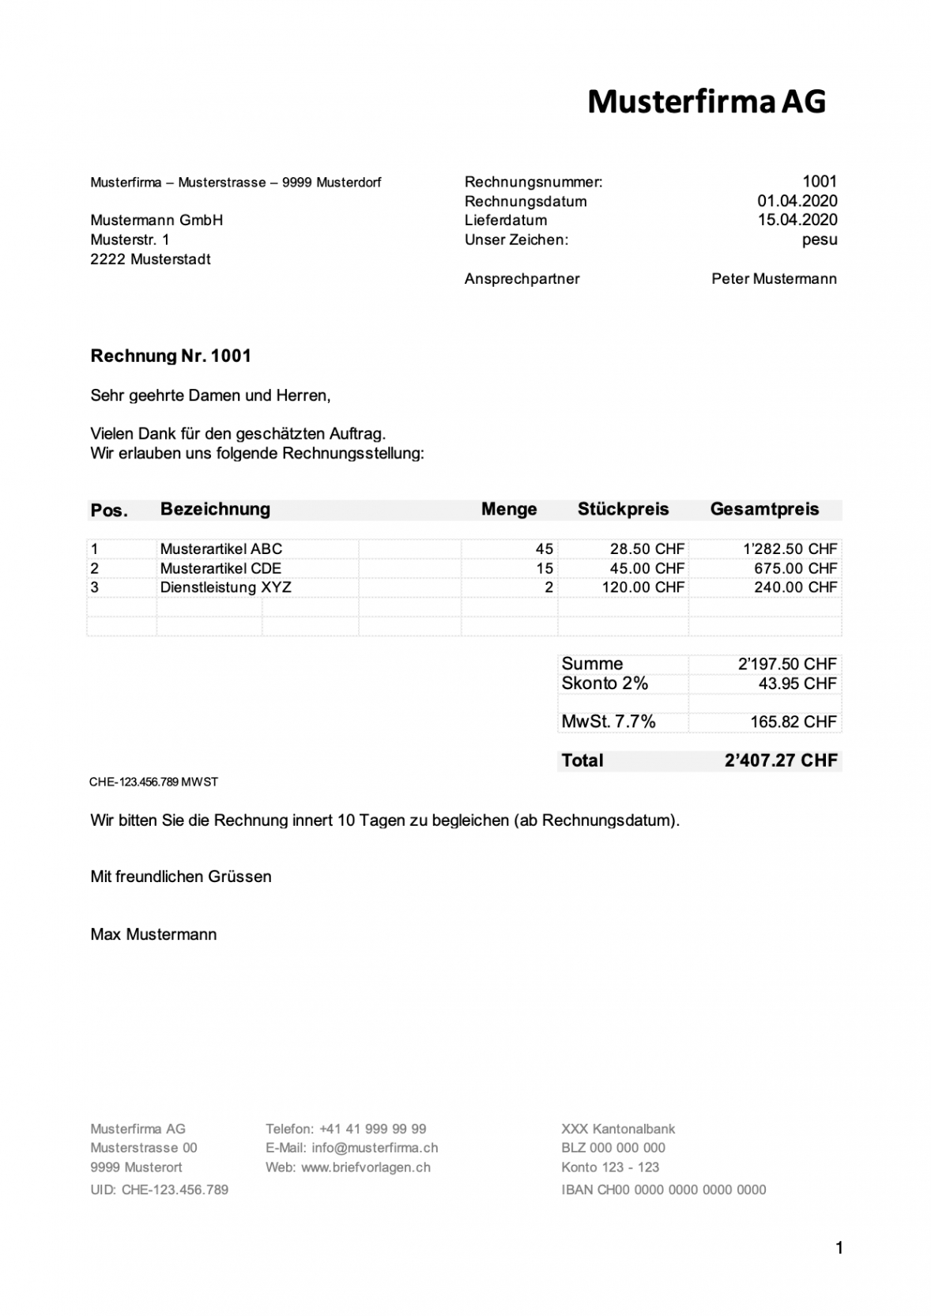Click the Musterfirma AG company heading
(707, 102)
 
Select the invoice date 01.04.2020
(797, 202)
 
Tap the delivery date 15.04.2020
(797, 221)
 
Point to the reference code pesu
(819, 239)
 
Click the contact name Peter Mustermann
(774, 279)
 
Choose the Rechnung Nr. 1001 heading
(171, 356)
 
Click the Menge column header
(509, 510)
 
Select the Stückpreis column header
(623, 510)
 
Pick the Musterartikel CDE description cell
(220, 568)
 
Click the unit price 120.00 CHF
(643, 587)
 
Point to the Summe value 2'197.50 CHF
(786, 664)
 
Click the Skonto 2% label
(605, 684)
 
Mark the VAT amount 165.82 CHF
(793, 722)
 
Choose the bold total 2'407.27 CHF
(780, 761)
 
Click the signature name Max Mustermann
(153, 935)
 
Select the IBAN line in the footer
(663, 1190)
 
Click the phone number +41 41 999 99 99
(372, 1129)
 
